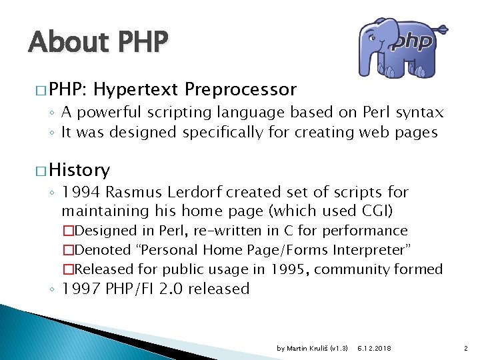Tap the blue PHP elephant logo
coord(397,48)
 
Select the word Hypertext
coord(139,89)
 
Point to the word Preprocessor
coord(241,89)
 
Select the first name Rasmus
coord(128,193)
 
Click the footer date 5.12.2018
coord(375,349)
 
